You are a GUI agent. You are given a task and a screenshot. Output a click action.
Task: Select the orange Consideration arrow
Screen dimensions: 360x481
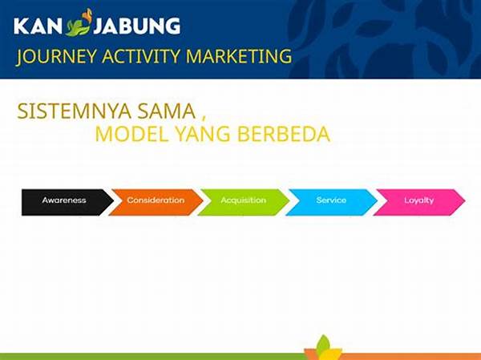pos(156,200)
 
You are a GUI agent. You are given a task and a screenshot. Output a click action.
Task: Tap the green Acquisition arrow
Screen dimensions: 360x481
pos(244,200)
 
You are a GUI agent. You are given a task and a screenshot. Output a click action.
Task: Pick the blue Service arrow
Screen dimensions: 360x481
pos(331,200)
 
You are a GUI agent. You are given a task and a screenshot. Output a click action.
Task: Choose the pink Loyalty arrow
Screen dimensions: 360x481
pos(418,200)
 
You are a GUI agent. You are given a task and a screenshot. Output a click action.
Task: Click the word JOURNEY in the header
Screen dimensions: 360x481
pos(54,56)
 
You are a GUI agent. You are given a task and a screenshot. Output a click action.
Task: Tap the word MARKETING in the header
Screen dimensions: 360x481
pos(239,56)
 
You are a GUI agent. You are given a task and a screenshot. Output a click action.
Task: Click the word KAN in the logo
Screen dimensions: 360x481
pos(38,26)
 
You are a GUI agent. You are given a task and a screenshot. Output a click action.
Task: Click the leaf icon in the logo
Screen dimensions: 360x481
pos(81,23)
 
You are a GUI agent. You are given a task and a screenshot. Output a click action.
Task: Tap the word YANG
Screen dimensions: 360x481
pos(199,134)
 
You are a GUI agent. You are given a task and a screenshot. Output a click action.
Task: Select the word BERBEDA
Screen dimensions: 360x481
pos(284,134)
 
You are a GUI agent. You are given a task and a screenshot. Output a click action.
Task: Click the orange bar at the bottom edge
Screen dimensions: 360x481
pos(401,354)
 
